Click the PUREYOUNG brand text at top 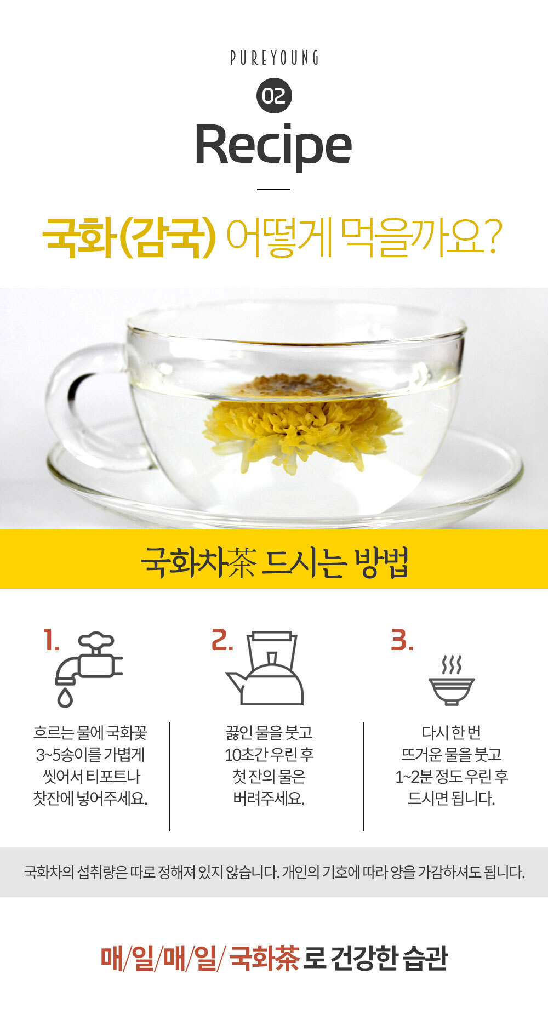[274, 58]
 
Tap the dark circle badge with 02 [274, 96]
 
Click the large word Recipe [273, 145]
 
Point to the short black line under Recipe [273, 189]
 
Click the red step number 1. [51, 640]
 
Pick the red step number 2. [222, 640]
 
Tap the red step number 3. [402, 640]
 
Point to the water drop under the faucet [65, 698]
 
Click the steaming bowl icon [452, 681]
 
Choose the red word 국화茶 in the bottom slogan [264, 958]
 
